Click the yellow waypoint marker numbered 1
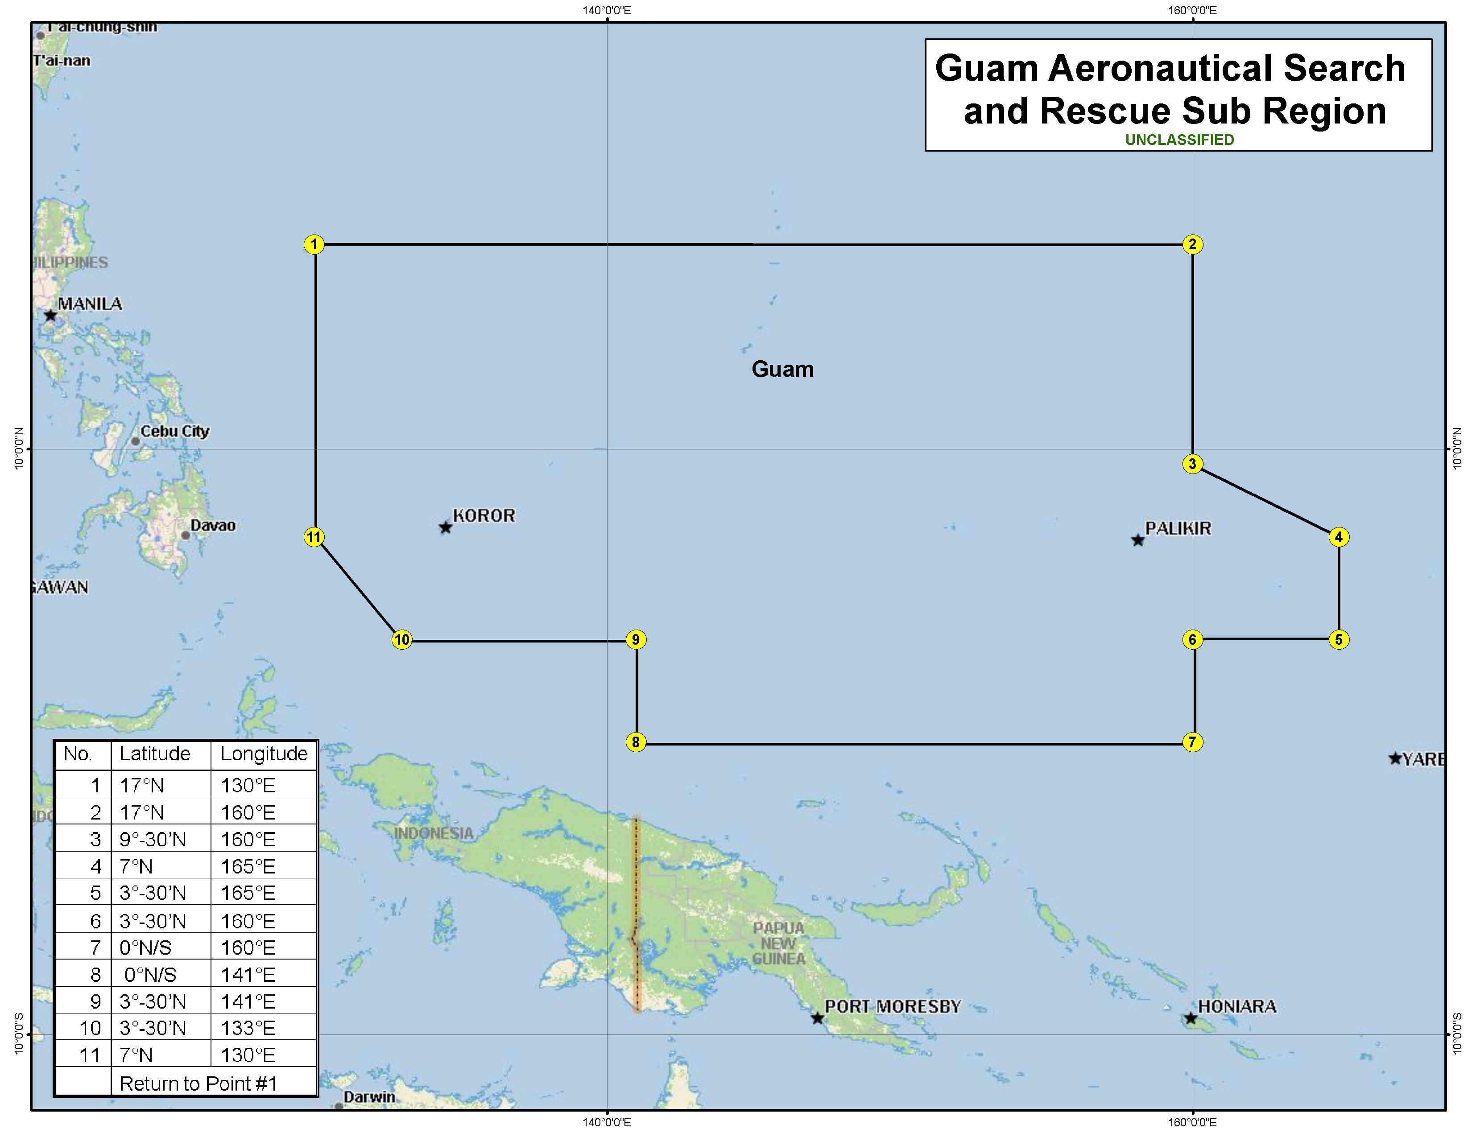coord(314,244)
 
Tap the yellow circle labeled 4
coord(1339,537)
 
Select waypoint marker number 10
coord(402,639)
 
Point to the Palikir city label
coord(1178,529)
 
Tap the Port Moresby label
coord(893,1006)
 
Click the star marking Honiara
coord(1191,1018)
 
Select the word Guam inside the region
coord(782,369)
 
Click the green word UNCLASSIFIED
coord(1179,140)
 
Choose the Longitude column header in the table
coord(264,754)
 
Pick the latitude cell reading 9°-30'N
coord(153,839)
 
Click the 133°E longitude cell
coord(248,1028)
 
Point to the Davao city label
coord(213,525)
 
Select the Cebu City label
coord(174,431)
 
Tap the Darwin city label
coord(369,1096)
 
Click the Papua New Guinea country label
coord(778,943)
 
